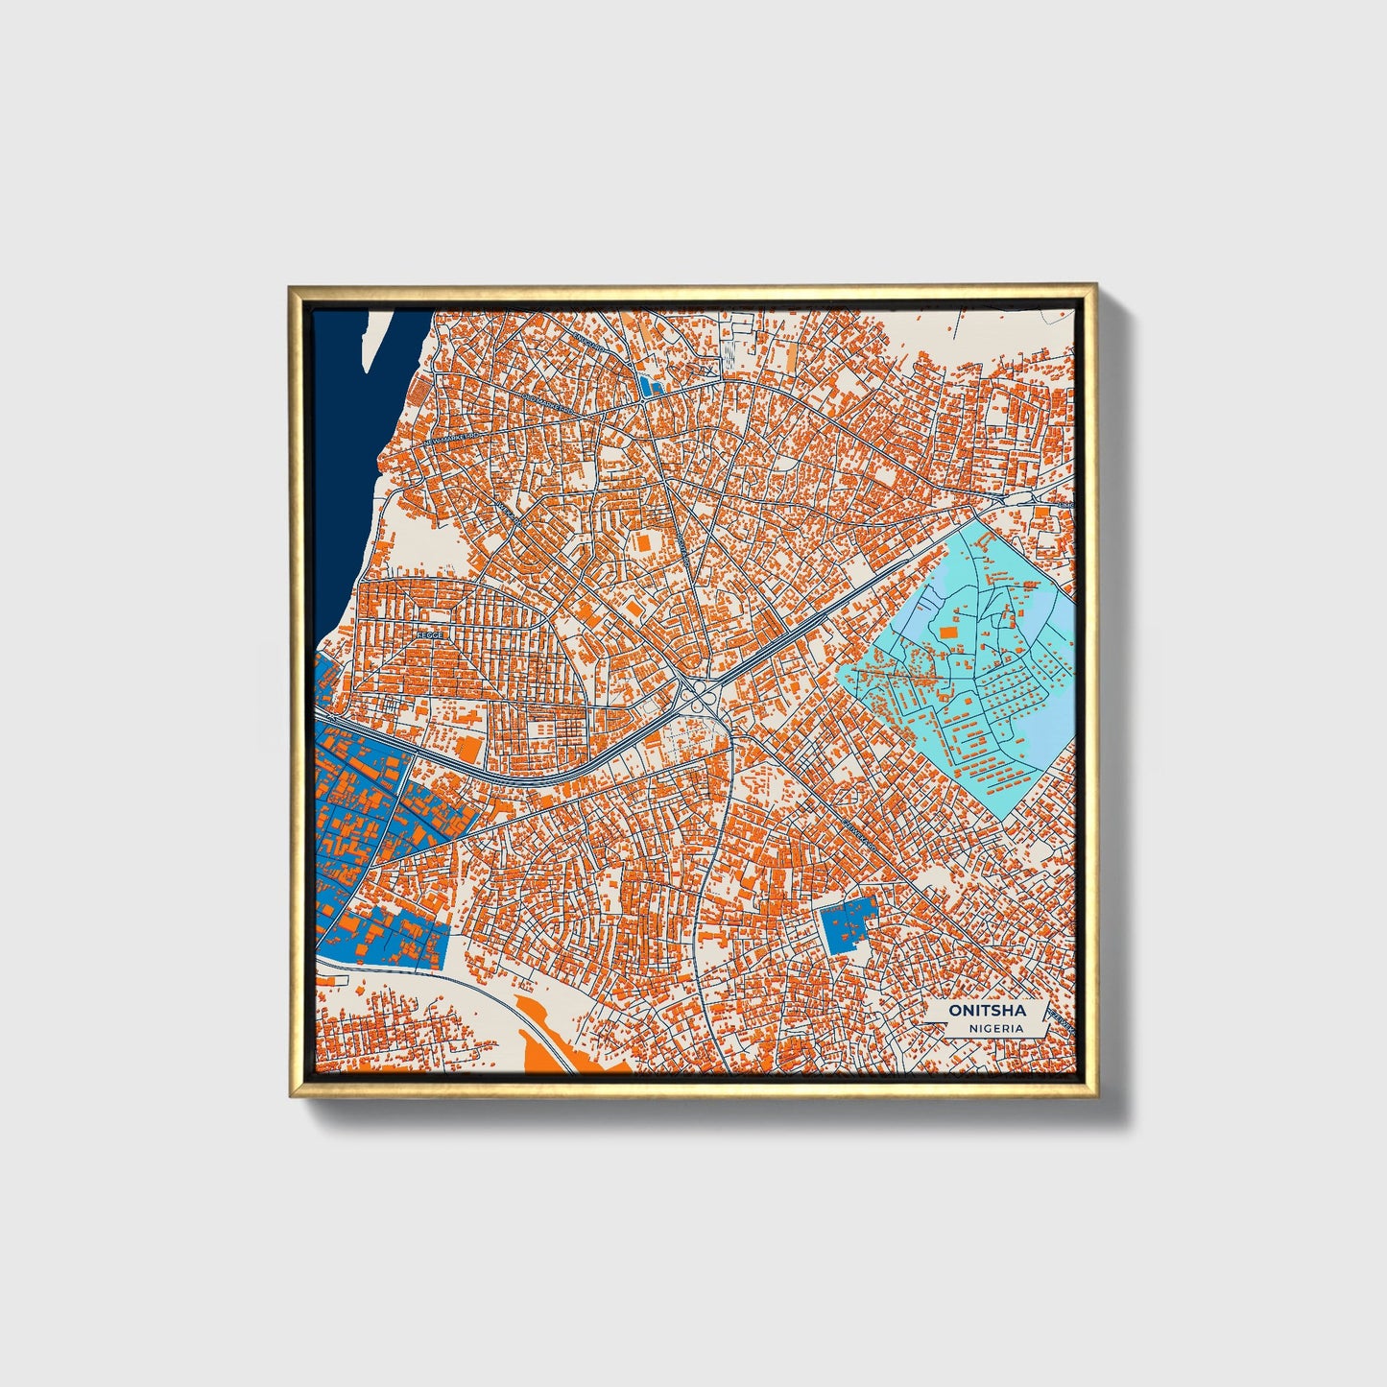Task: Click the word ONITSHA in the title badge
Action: point(987,1011)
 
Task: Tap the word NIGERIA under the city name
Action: point(995,1028)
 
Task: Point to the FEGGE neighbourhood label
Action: point(429,634)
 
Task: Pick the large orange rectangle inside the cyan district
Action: point(948,632)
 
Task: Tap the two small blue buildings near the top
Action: point(651,387)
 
